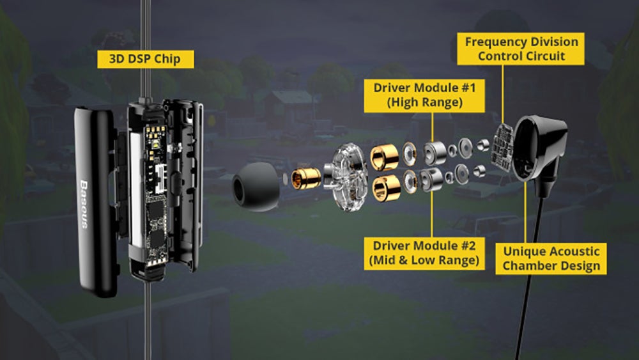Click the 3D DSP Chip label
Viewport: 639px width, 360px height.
tap(146, 59)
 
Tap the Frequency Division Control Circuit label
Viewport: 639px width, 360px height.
tap(521, 49)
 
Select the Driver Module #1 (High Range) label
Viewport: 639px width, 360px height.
tap(424, 95)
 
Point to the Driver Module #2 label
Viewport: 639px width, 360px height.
tap(424, 253)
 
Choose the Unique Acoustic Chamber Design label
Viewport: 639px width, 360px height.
tap(551, 258)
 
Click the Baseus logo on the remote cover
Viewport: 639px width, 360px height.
tap(84, 204)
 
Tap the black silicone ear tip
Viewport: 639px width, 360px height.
tap(256, 187)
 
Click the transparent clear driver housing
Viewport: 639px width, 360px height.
tap(346, 176)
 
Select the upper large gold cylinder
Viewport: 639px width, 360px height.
tap(384, 157)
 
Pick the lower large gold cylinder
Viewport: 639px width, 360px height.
tap(387, 188)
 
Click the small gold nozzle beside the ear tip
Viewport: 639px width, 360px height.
tap(305, 178)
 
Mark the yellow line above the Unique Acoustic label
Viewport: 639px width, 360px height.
tap(525, 212)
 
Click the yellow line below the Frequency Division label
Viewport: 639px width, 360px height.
tap(502, 94)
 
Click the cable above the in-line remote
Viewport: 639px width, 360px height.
tap(146, 49)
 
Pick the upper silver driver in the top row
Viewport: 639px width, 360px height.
tap(435, 153)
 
